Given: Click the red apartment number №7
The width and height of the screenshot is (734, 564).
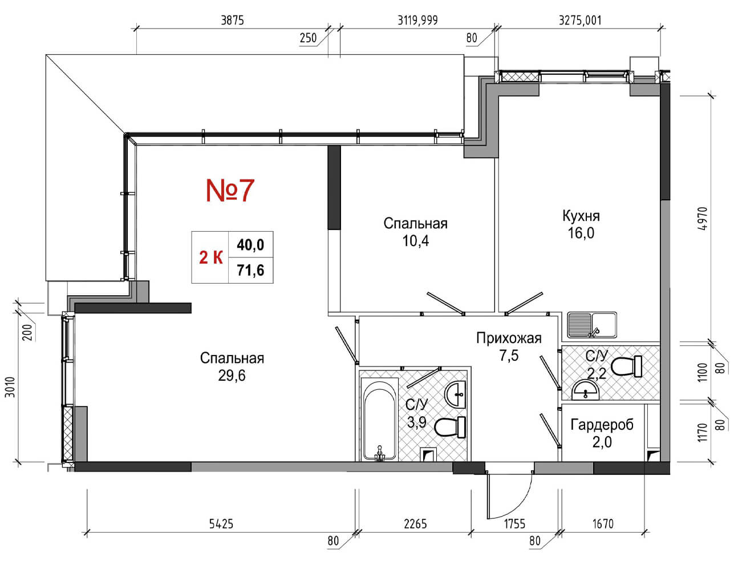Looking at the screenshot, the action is point(230,191).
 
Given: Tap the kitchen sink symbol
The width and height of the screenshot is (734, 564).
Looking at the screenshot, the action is point(591,325).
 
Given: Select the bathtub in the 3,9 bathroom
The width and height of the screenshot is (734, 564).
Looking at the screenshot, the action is point(379,420).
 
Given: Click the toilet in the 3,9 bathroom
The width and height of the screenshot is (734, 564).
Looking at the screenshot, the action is point(449,427).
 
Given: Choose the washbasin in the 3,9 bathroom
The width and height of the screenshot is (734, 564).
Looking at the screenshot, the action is point(455,394).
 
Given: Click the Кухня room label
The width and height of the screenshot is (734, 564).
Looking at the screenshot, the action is point(581,216).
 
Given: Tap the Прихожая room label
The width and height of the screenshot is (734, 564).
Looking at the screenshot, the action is point(509,339).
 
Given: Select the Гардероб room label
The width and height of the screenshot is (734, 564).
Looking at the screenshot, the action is point(602,425).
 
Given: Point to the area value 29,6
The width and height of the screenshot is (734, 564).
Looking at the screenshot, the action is point(232,376).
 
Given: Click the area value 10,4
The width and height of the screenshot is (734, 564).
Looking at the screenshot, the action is point(415,241).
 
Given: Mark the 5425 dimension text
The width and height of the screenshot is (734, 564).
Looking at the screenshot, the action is point(221,524).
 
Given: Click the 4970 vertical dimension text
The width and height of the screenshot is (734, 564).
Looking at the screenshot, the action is point(702,219).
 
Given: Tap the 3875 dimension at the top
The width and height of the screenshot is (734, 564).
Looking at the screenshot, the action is point(232,21).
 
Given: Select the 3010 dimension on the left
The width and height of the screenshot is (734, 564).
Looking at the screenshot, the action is point(10,387).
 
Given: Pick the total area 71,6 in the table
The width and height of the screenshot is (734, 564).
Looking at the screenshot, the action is point(250,271).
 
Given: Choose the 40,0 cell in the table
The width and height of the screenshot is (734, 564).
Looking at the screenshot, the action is point(250,245).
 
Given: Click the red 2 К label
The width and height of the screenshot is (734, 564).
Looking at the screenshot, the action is point(211,257).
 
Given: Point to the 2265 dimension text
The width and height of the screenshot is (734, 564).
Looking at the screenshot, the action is point(415,524).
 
